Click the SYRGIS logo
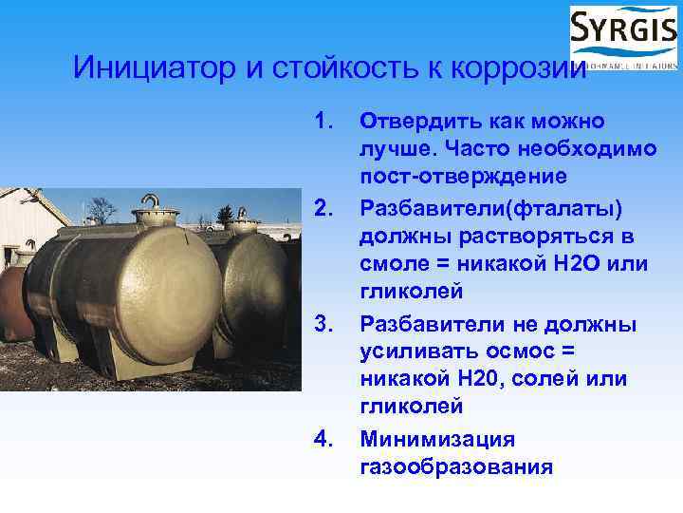point(623,37)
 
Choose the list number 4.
point(325,439)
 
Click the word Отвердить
point(423,122)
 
